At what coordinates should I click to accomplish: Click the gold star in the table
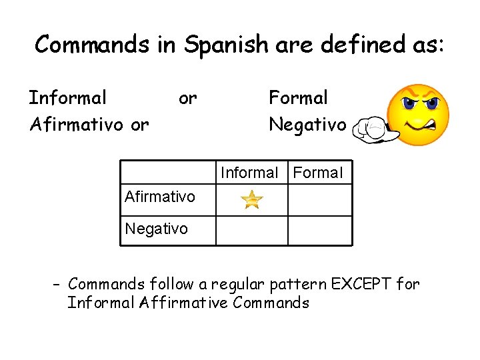click(252, 199)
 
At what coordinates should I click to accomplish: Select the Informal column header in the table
click(249, 173)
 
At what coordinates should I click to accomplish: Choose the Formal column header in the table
click(318, 173)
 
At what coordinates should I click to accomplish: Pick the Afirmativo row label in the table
click(160, 197)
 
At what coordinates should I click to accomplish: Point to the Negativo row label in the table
click(156, 229)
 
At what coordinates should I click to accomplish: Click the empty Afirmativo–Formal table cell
click(320, 199)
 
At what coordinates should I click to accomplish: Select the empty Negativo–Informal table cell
click(252, 231)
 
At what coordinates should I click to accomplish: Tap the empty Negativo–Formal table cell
click(320, 231)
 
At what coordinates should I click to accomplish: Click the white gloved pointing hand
click(373, 129)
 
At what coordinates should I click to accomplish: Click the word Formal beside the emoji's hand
click(298, 98)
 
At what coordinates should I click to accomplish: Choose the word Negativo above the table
click(307, 125)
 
